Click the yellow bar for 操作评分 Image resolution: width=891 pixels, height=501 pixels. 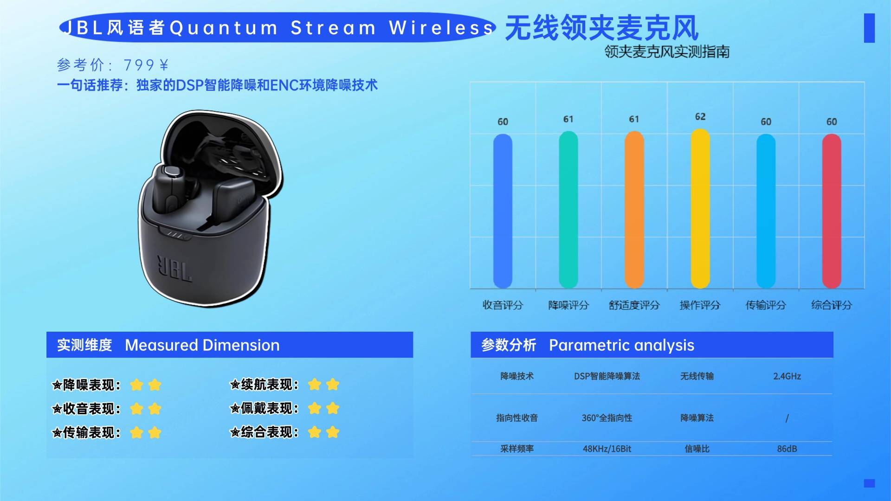(x=700, y=209)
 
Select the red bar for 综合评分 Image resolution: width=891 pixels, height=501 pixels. (x=832, y=211)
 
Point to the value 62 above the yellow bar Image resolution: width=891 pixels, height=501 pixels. (x=700, y=117)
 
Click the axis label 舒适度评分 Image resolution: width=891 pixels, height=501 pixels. (x=634, y=305)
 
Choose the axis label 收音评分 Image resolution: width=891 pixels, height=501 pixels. (x=503, y=305)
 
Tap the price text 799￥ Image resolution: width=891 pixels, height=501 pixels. (x=146, y=65)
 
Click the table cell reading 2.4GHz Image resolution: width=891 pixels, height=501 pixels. (x=787, y=376)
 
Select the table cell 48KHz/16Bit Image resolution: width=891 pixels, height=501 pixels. (x=607, y=449)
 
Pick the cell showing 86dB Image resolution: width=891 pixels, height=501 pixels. (x=787, y=449)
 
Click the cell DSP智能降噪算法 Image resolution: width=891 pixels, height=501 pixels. (x=607, y=376)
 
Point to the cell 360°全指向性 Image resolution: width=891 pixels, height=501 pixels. (x=607, y=418)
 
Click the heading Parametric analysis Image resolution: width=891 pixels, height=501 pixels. (x=621, y=345)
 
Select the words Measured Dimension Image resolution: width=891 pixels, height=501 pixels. (x=202, y=345)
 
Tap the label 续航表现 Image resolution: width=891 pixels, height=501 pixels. (x=269, y=385)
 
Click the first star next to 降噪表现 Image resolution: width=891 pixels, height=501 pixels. (x=136, y=385)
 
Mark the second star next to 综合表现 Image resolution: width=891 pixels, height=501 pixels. (x=333, y=432)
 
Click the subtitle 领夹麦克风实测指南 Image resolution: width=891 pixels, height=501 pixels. (x=667, y=51)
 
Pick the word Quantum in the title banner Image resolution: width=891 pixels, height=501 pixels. (x=224, y=28)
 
